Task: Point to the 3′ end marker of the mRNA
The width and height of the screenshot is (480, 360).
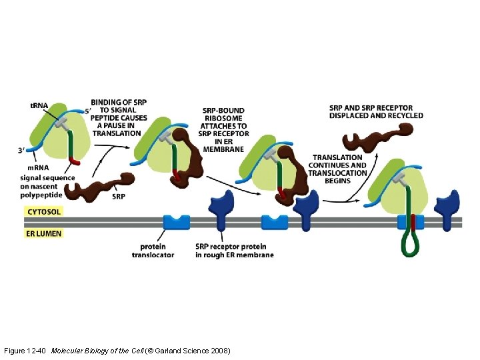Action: tap(22, 151)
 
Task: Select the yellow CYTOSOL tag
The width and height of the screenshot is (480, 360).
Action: tap(44, 212)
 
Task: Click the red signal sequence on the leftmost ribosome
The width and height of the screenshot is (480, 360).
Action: tap(75, 161)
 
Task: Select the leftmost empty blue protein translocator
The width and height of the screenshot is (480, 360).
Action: tap(176, 223)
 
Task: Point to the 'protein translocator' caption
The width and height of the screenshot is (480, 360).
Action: tap(153, 251)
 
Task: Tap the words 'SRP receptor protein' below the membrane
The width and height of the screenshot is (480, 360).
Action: tap(226, 247)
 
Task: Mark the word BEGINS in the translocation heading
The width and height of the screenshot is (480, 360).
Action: tap(337, 181)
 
